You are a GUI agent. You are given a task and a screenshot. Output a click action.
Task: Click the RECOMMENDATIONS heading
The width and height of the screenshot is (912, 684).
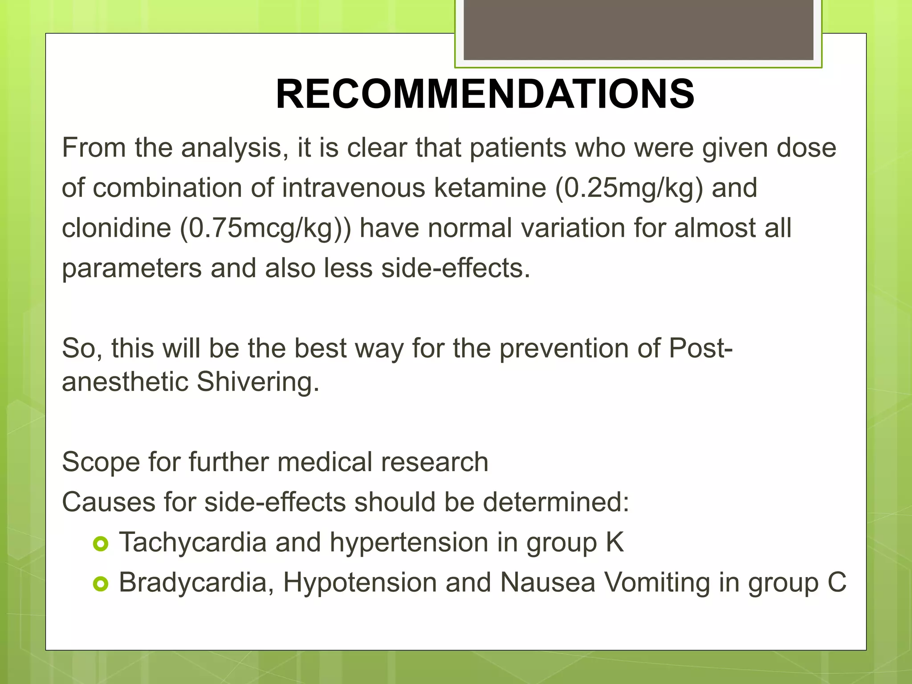click(x=484, y=94)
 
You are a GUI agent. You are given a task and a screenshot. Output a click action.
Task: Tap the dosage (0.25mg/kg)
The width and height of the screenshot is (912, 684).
click(x=629, y=187)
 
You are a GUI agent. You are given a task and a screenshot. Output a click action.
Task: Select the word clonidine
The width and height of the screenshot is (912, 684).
click(x=116, y=228)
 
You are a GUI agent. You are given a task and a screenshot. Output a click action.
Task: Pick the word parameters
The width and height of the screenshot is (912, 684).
click(x=132, y=269)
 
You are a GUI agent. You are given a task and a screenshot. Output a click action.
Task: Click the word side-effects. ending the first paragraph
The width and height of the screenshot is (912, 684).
click(x=456, y=269)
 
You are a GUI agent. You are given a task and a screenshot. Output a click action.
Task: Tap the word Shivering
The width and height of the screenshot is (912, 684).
click(x=258, y=382)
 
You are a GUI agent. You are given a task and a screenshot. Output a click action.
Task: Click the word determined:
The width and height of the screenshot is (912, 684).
click(x=556, y=502)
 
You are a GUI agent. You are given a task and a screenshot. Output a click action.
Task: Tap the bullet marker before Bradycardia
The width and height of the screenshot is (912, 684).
click(x=101, y=584)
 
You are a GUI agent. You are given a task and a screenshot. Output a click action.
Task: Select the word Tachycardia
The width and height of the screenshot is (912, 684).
click(x=193, y=542)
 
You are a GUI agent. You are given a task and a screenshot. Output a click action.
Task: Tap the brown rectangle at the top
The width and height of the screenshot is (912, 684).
click(x=638, y=29)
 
